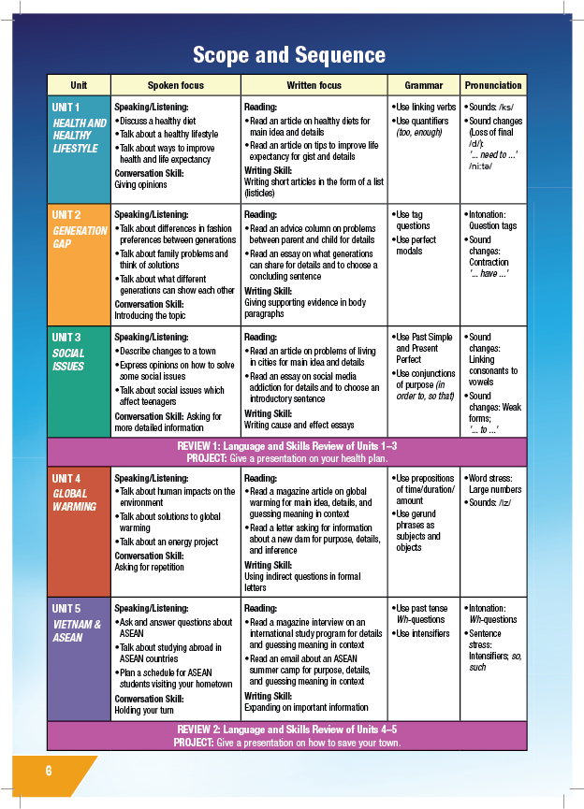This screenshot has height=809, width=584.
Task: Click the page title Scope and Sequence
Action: click(289, 55)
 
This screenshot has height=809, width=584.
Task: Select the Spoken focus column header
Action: click(175, 85)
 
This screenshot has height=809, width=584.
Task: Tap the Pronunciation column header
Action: click(494, 85)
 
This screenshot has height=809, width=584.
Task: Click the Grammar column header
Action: click(424, 85)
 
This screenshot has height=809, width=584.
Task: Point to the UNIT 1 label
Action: click(66, 108)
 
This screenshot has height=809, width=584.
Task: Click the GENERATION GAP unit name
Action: click(79, 237)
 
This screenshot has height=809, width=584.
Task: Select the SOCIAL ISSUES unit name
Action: click(68, 359)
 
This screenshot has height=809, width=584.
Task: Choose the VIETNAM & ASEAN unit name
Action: click(77, 631)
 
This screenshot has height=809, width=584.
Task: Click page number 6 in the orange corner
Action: click(49, 771)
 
